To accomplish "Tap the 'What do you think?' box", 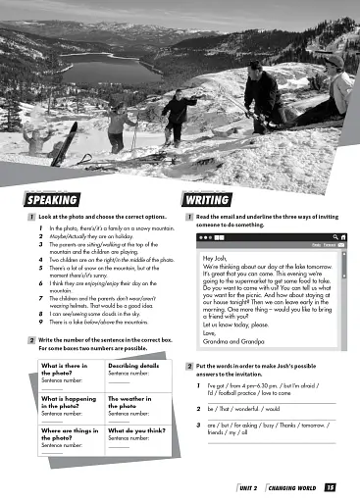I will [x=133, y=438].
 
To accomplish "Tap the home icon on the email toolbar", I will [x=342, y=236].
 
